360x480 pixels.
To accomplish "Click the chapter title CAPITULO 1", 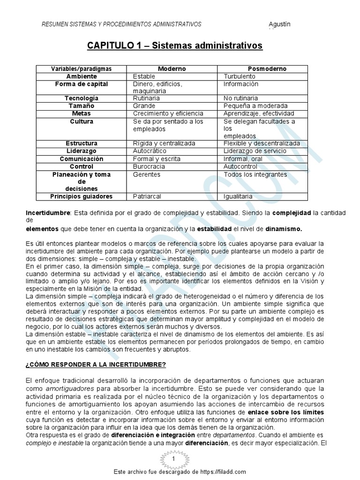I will (x=175, y=46).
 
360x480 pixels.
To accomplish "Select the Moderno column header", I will (x=172, y=69).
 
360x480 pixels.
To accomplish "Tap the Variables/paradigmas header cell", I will (x=82, y=69).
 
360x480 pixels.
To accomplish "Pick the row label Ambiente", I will (x=82, y=76).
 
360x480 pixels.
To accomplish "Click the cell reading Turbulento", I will (x=240, y=76).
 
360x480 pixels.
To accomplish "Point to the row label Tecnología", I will (x=82, y=98).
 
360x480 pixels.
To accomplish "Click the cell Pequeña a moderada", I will (x=255, y=106).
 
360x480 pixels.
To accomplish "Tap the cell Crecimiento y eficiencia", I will (x=168, y=113).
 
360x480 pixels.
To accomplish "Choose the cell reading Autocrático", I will (x=150, y=151).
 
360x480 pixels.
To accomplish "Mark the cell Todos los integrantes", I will (x=255, y=174).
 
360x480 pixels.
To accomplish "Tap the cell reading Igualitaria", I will (x=238, y=196).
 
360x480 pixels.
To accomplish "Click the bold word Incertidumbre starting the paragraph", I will (x=47, y=213).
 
